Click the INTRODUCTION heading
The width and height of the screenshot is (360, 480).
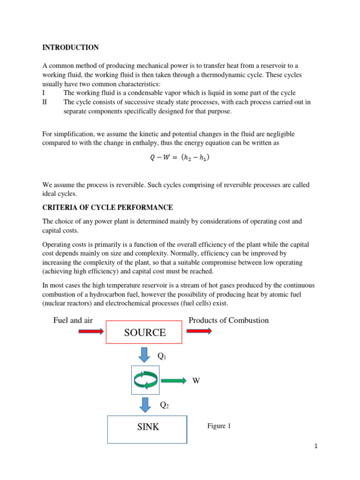70,47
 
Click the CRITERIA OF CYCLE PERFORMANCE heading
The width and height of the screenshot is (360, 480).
107,207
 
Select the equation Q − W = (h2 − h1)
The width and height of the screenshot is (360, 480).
180,158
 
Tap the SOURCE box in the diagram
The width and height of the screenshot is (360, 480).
144,332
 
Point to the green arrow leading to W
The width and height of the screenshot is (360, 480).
173,380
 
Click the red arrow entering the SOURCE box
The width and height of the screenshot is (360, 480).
91,331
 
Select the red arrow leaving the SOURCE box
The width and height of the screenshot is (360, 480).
199,331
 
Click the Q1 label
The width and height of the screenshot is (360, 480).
162,356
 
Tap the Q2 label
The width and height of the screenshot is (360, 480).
164,405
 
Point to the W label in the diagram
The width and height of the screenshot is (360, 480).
196,381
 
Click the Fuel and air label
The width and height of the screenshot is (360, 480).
73,321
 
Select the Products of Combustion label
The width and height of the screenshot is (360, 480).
228,321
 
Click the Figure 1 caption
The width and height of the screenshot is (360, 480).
219,426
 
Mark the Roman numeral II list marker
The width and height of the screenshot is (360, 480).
45,102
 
